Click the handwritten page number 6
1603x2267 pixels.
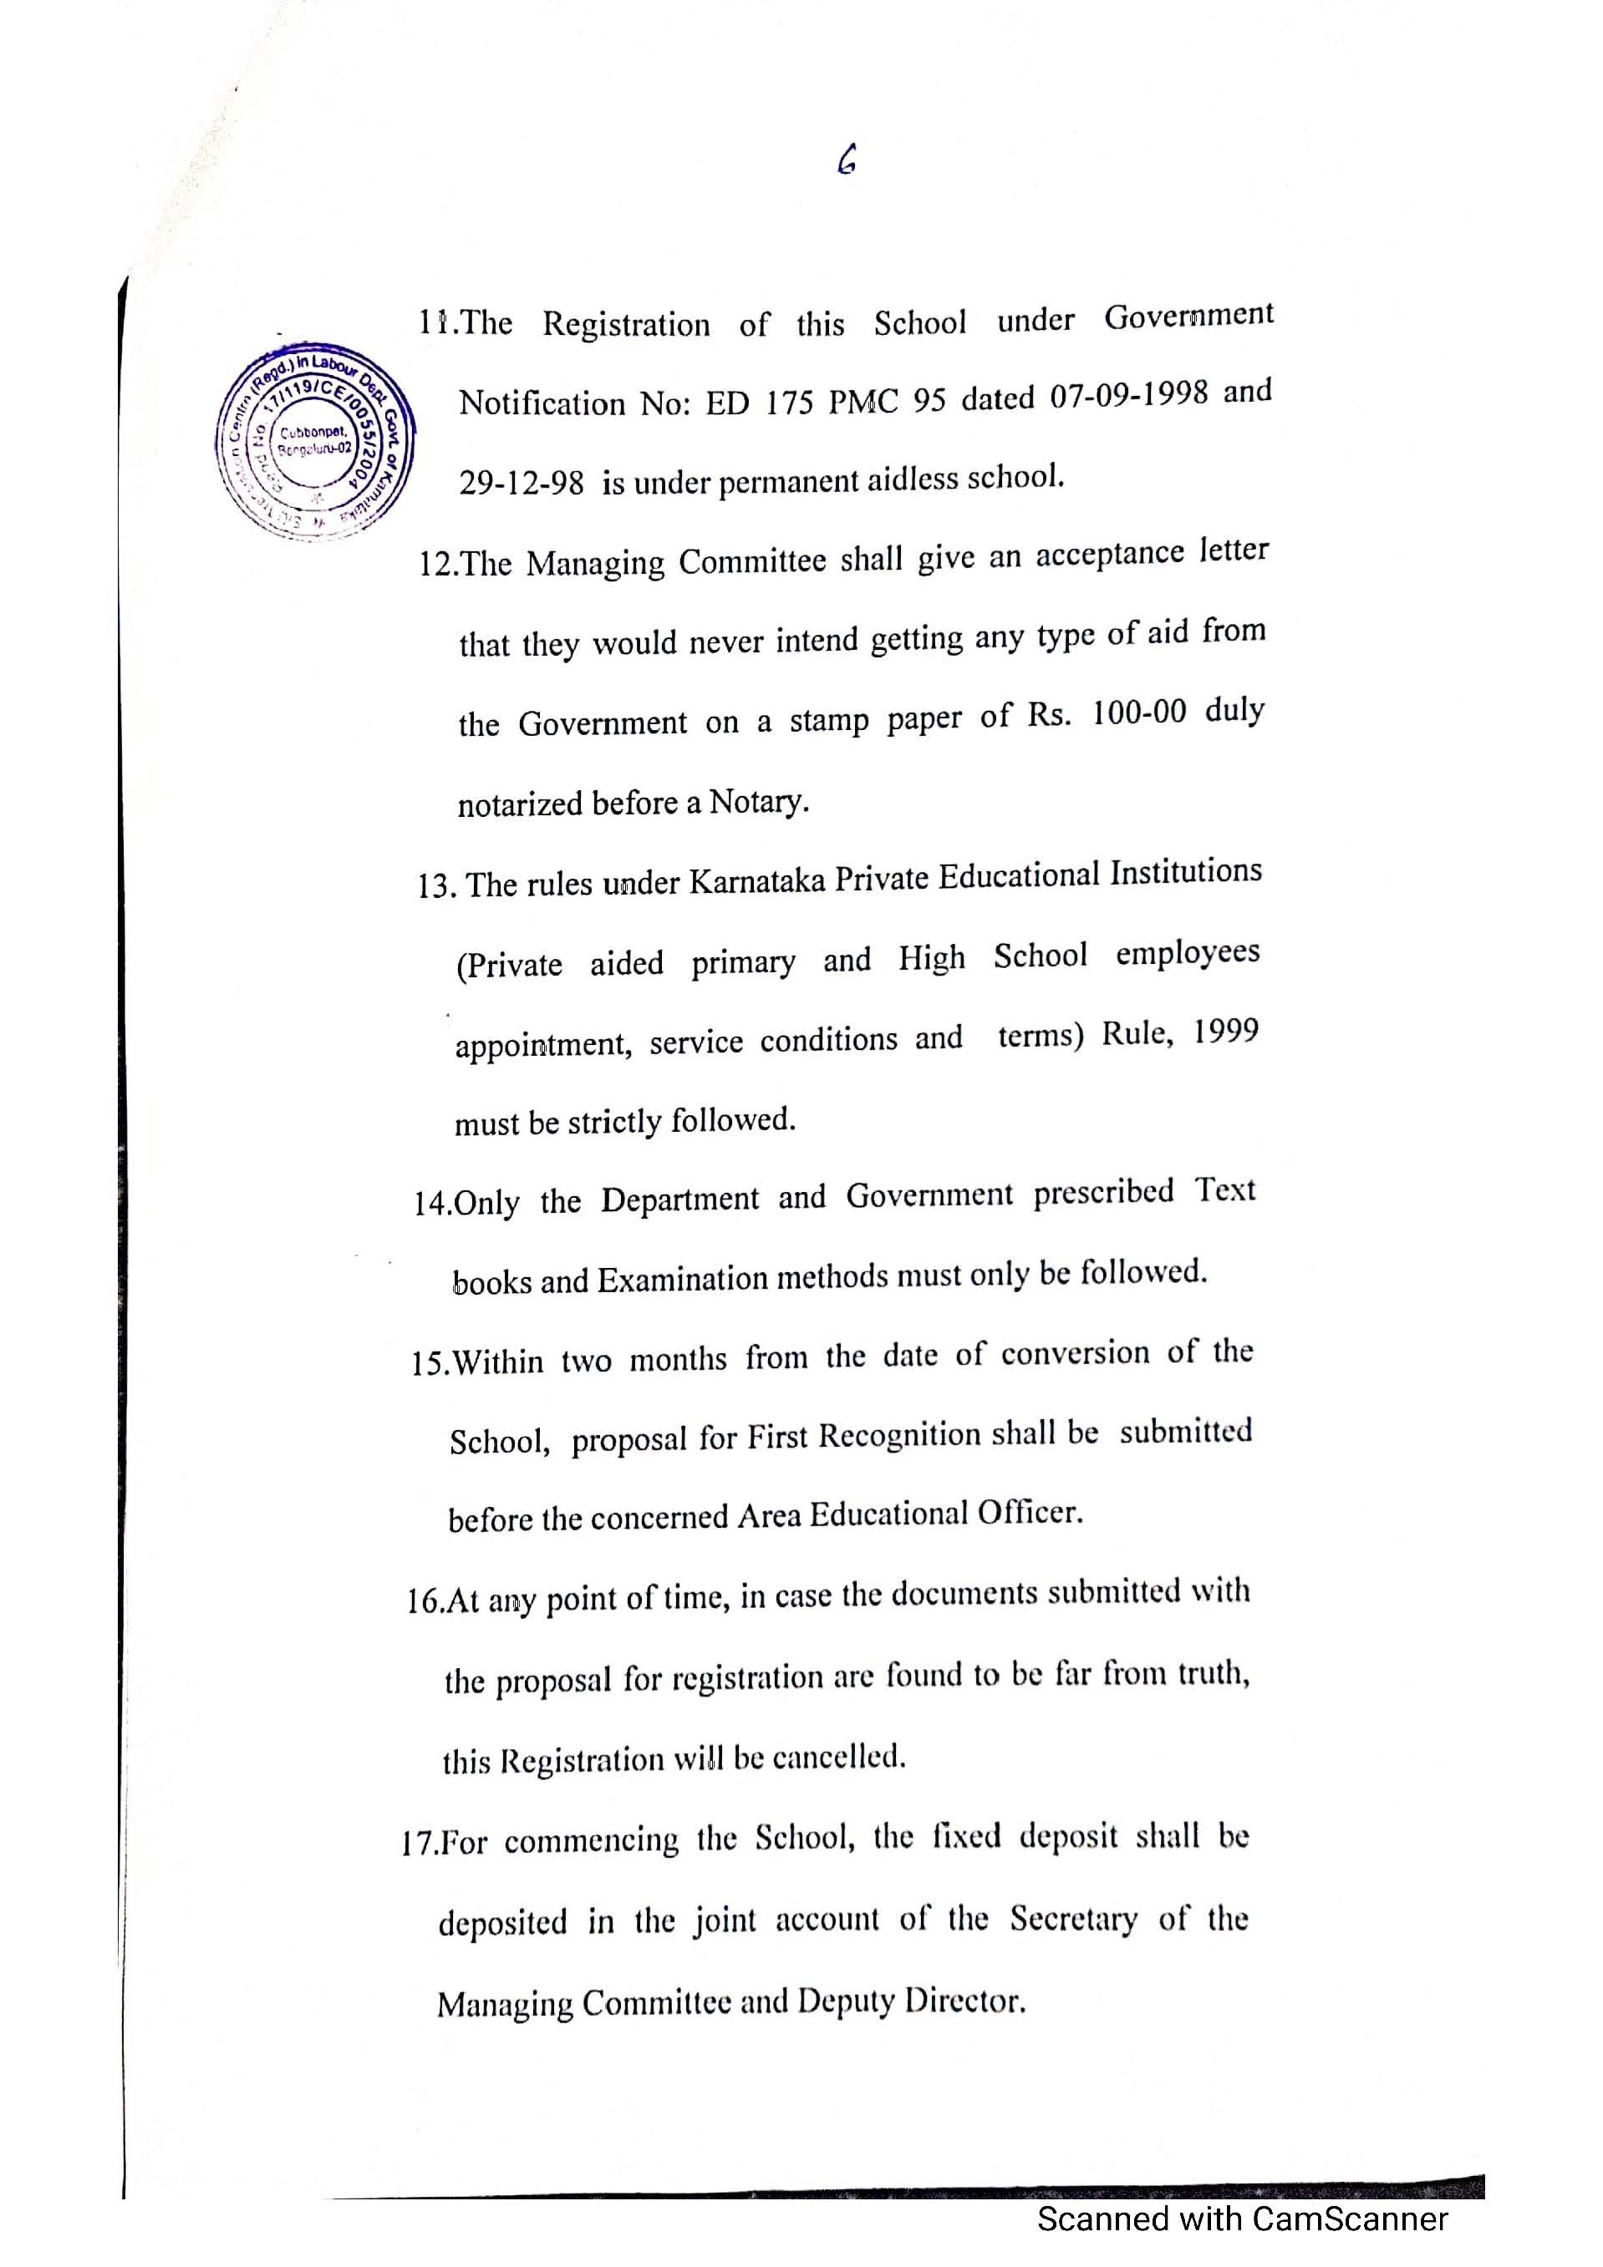coord(847,160)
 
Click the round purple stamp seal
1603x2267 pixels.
coord(314,440)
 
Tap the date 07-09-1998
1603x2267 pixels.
coord(1128,395)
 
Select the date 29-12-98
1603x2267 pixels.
coord(521,484)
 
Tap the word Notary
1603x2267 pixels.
coord(756,802)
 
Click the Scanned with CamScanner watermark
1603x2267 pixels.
coord(1241,2219)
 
